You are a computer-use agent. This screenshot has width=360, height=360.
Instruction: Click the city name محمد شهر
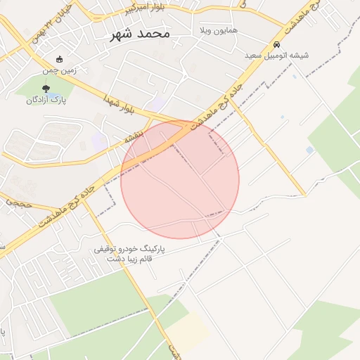click(140, 34)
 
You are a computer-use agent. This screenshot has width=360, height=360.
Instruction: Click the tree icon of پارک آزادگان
click(46, 89)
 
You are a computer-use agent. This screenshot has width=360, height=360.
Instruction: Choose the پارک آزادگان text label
click(46, 100)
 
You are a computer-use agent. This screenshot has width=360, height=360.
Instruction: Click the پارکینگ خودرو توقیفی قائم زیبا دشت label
click(129, 254)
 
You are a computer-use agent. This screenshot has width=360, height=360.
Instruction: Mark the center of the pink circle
click(180, 179)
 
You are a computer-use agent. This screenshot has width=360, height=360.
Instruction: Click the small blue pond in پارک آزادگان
click(53, 94)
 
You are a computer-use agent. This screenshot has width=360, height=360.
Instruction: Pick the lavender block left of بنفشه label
click(98, 141)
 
